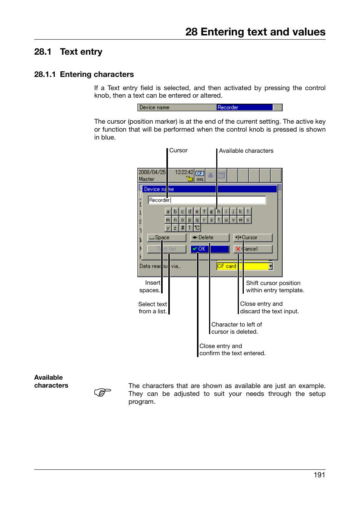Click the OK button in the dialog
(209, 249)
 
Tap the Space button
(166, 238)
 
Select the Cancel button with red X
(252, 249)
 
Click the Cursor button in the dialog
(252, 238)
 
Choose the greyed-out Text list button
(166, 249)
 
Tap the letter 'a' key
(168, 212)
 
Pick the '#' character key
(183, 228)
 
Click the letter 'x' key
(248, 220)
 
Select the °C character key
(197, 228)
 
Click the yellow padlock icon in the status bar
(190, 178)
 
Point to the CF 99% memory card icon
(200, 176)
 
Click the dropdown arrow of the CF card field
(271, 266)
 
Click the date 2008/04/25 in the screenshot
(152, 172)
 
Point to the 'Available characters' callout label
(246, 151)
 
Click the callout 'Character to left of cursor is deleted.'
(236, 328)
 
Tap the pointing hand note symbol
(103, 392)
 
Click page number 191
(319, 475)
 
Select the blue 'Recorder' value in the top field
(244, 107)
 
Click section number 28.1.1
(45, 74)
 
